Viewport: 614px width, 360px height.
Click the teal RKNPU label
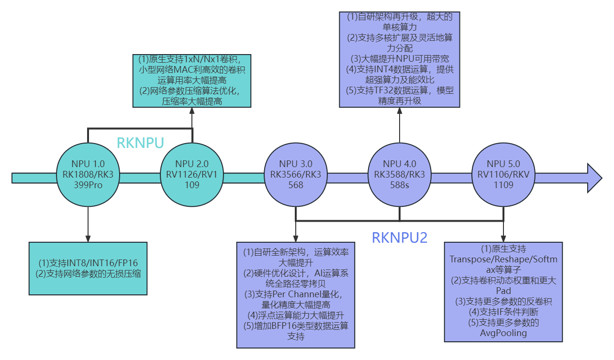tap(140, 143)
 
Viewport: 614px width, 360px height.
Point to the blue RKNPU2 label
tap(399, 237)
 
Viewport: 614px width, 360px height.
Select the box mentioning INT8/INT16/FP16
tap(88, 268)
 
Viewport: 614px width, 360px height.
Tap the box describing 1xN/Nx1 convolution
tap(192, 80)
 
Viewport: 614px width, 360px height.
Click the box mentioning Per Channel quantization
tap(296, 295)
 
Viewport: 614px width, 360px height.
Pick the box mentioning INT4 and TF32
tap(400, 59)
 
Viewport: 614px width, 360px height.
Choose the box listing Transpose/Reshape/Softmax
tap(503, 292)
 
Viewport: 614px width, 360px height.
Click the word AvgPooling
tap(503, 333)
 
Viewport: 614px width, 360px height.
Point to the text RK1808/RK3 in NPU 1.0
tap(88, 174)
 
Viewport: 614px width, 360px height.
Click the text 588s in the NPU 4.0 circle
tap(400, 184)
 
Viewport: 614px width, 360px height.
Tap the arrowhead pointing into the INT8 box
tap(88, 238)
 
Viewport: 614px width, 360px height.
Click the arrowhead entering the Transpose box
tap(503, 238)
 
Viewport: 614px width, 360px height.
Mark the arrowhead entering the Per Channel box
tap(296, 238)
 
